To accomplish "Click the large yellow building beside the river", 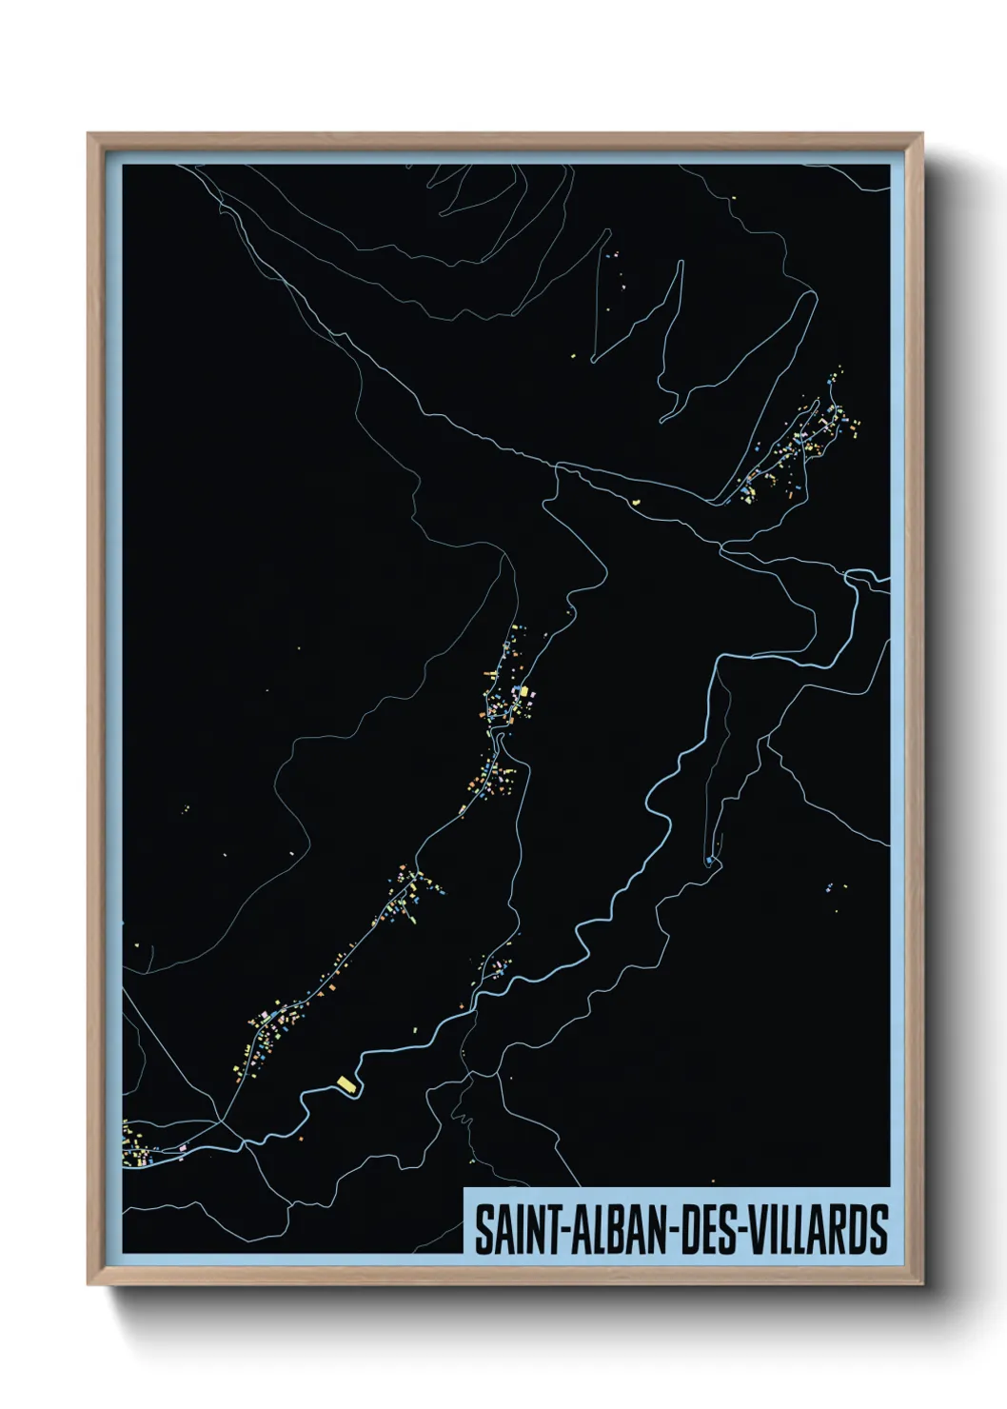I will click(346, 1082).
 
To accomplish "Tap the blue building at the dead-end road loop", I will click(710, 861).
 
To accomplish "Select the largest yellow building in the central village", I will click(525, 694).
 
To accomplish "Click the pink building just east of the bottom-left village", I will click(183, 1148).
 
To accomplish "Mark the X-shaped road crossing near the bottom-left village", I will click(222, 1122).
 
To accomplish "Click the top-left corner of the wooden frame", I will click(89, 134).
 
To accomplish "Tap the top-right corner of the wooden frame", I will click(922, 134).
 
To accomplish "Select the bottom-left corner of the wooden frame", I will click(89, 1284).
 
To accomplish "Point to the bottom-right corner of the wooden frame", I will click(922, 1284).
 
